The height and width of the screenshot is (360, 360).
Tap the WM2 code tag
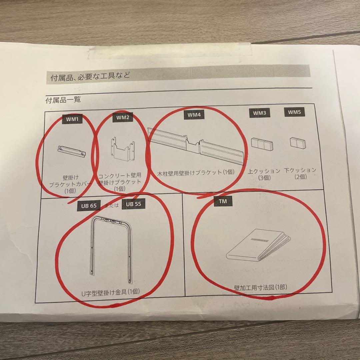[122, 118]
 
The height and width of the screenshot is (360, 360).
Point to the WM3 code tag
[259, 113]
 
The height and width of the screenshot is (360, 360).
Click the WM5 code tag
[294, 112]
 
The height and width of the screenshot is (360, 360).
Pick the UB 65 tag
[89, 205]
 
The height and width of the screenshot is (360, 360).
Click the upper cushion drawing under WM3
[262, 144]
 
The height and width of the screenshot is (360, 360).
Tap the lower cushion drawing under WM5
[297, 143]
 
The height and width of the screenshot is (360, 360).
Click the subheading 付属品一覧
[63, 99]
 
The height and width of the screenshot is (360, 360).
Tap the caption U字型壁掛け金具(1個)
[111, 292]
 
